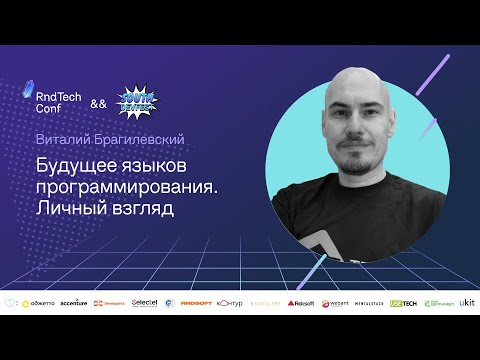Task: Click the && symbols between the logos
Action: pyautogui.click(x=97, y=104)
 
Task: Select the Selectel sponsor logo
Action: pyautogui.click(x=144, y=302)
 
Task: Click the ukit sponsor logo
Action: pyautogui.click(x=467, y=302)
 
